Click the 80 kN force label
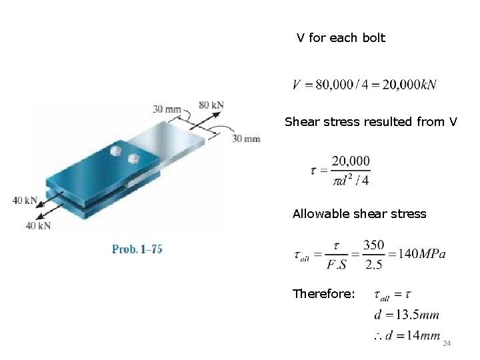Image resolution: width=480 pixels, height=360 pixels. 211,105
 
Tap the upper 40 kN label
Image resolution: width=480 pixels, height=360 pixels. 25,200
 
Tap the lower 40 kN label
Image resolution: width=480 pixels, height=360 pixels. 39,225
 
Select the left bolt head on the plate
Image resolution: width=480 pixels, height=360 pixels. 115,151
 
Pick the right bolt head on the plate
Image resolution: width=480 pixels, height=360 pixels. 133,158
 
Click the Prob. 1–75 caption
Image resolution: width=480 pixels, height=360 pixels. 137,249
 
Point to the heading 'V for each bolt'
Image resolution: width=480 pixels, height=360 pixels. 341,38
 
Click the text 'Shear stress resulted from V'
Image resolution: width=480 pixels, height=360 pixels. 371,122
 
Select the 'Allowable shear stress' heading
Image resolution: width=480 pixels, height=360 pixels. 359,214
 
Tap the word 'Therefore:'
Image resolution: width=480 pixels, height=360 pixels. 323,293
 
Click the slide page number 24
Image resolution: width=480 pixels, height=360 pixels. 447,343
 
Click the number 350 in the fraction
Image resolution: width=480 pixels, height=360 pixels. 373,245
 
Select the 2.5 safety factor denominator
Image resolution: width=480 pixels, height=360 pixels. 373,264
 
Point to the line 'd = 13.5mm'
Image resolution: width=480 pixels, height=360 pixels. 407,314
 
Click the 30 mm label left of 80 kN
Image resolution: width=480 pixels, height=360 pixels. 167,109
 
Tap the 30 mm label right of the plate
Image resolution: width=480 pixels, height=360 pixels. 246,139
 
